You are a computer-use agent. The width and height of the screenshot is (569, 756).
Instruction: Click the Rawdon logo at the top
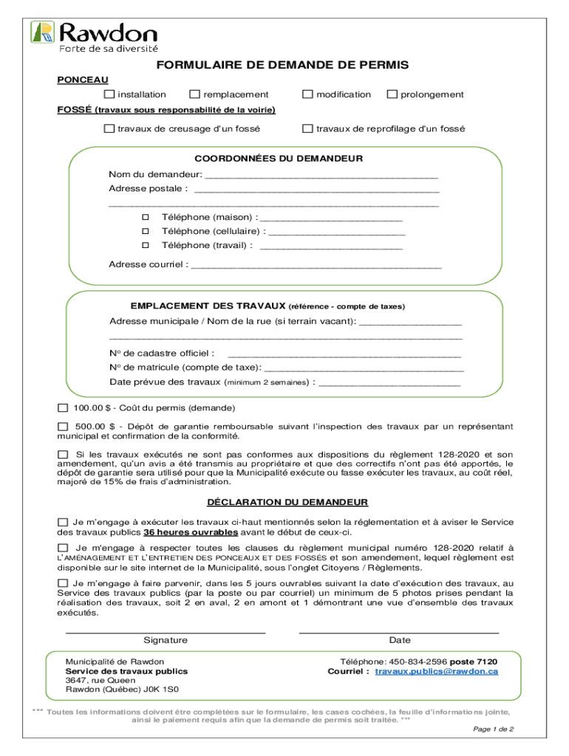coord(94,35)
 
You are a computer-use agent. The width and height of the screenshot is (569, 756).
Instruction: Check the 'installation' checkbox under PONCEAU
coord(109,94)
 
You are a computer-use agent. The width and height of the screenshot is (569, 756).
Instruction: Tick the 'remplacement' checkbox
coord(194,94)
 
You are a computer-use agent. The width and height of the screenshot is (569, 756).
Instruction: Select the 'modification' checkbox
coord(307,94)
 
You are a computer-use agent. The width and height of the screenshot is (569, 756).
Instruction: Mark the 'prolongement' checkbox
coord(392,94)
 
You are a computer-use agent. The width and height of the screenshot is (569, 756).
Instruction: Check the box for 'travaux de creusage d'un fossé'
coord(109,128)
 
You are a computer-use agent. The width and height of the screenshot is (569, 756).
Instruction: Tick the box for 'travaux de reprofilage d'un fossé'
coord(307,128)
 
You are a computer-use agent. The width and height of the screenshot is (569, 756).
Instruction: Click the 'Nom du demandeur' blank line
coord(321,176)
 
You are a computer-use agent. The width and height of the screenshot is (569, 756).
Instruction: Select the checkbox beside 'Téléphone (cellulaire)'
coord(146,231)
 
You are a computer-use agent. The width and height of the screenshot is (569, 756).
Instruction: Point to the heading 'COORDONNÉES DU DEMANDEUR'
coord(278,159)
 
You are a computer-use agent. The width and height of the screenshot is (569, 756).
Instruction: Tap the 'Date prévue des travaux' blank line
coord(389,382)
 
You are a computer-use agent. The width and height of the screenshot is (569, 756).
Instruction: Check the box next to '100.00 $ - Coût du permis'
coord(63,408)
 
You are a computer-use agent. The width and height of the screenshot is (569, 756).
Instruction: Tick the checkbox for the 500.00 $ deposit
coord(63,427)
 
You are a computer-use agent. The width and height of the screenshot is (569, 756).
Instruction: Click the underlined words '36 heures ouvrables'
coord(191,532)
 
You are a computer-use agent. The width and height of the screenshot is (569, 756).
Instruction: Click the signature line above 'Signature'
coord(166,631)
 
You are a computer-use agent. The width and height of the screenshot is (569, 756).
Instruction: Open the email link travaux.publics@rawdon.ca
coord(436,672)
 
